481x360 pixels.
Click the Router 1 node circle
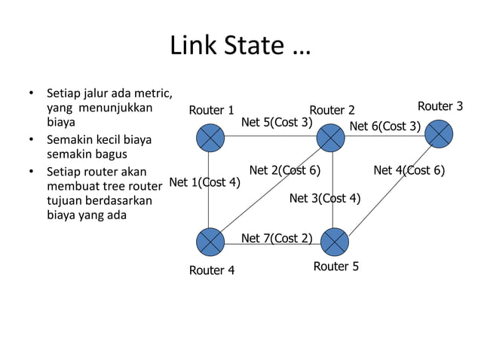click(210, 138)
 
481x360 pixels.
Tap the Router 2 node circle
click(330, 138)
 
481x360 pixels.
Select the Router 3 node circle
click(439, 133)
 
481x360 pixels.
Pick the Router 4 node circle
click(210, 242)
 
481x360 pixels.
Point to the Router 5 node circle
click(335, 242)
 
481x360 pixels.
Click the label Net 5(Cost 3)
click(276, 122)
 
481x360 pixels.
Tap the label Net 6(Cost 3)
click(384, 126)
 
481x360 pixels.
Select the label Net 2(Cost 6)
click(285, 170)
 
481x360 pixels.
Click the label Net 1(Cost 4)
click(205, 182)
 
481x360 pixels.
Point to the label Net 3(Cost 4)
click(325, 199)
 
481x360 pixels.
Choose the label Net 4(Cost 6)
click(409, 170)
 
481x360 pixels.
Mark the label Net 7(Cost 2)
click(276, 239)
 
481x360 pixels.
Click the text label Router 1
click(211, 111)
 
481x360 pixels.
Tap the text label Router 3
click(440, 106)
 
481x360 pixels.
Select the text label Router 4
click(211, 270)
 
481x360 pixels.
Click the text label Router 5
click(335, 267)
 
